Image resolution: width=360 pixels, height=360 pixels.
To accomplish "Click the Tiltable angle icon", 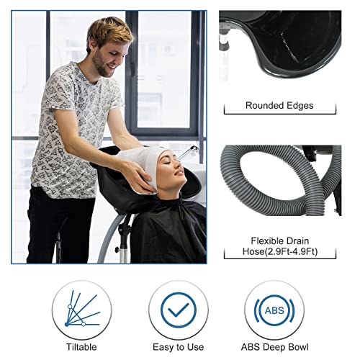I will point(81,310).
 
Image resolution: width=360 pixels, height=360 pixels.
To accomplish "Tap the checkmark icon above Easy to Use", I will point(178,310).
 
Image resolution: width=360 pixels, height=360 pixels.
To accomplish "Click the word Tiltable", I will point(81,346).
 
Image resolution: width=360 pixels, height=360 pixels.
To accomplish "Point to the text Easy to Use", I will point(178,346).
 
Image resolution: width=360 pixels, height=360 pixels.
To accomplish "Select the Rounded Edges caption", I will point(279,106).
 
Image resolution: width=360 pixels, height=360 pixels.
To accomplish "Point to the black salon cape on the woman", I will point(169,230).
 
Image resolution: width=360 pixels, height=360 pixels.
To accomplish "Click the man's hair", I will point(112,32).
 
